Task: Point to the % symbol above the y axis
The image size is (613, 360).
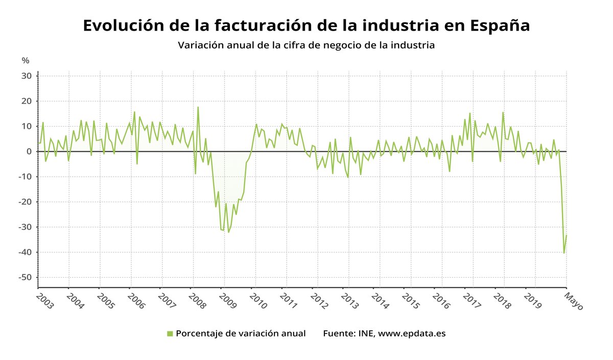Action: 26,60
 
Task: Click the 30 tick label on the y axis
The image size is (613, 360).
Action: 27,76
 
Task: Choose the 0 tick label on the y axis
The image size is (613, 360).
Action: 30,152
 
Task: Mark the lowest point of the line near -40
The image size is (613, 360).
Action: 564,253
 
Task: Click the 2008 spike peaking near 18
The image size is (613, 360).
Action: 198,107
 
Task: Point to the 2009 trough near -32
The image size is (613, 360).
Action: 228,232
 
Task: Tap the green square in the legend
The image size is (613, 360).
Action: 170,333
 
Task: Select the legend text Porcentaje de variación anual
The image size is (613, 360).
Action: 241,333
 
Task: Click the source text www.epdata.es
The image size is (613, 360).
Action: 412,333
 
